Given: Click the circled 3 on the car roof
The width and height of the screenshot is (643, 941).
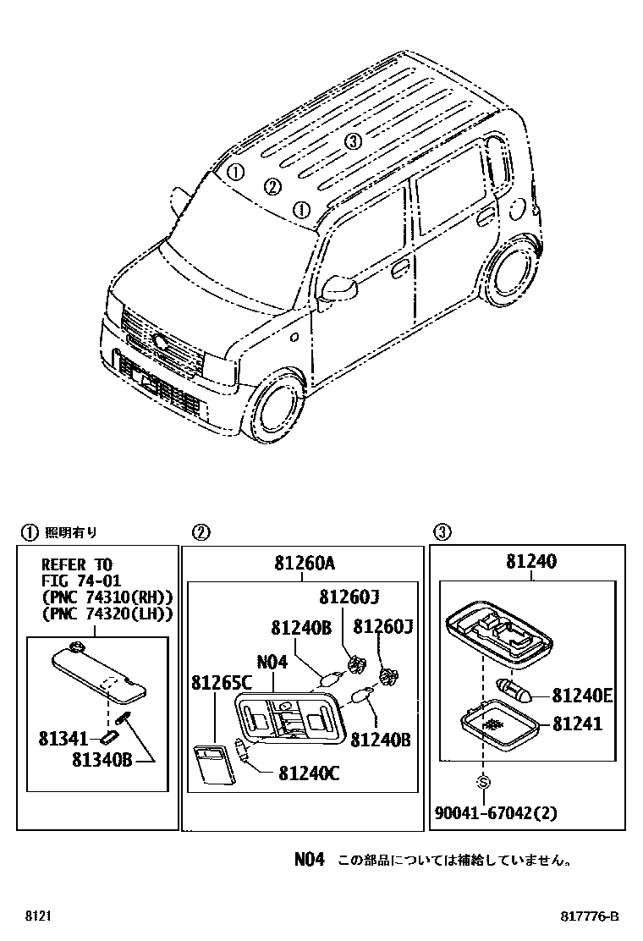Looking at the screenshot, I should pyautogui.click(x=354, y=141).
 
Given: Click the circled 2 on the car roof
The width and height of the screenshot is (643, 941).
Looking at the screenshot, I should pyautogui.click(x=272, y=187).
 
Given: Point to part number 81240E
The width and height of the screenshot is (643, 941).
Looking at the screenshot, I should pyautogui.click(x=582, y=696).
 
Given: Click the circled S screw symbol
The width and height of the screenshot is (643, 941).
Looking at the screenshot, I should pyautogui.click(x=483, y=780).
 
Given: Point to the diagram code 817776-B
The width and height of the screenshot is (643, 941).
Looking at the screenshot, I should pyautogui.click(x=590, y=917).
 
